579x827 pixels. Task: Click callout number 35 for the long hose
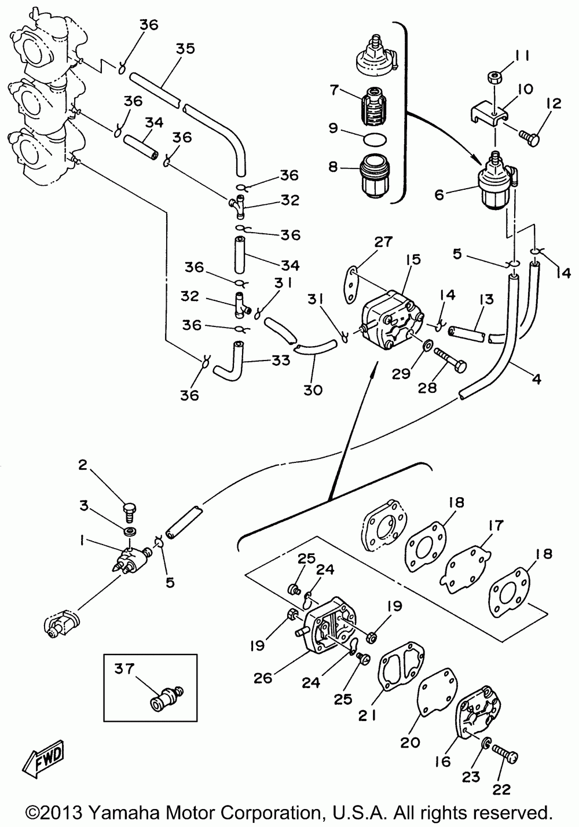point(185,49)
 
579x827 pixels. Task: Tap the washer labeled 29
point(428,346)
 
